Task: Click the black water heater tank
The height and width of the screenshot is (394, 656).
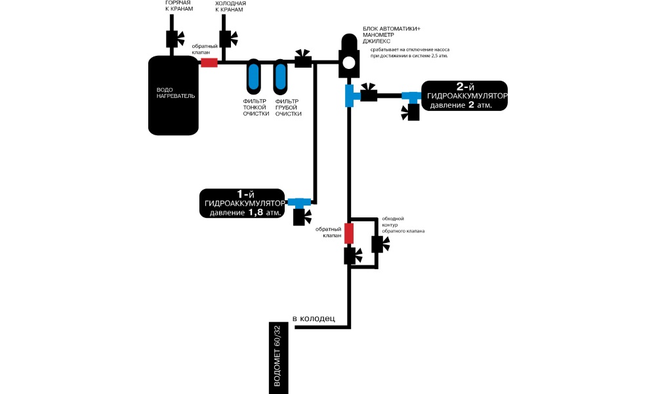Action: (x=173, y=96)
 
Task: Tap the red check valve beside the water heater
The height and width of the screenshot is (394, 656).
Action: (x=209, y=62)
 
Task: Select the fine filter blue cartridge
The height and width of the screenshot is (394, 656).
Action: (x=253, y=77)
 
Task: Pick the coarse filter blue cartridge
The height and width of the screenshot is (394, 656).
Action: (x=280, y=77)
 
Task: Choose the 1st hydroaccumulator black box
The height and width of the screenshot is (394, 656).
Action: (x=243, y=202)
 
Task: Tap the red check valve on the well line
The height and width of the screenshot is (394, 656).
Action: (x=349, y=232)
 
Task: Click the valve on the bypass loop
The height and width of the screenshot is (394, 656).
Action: (x=379, y=244)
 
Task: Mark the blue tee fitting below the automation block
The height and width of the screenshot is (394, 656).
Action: (x=350, y=96)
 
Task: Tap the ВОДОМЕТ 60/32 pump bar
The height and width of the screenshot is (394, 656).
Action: (x=279, y=357)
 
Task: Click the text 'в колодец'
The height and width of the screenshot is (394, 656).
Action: (x=314, y=319)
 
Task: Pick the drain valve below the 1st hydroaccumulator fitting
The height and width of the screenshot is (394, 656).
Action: (x=303, y=216)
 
